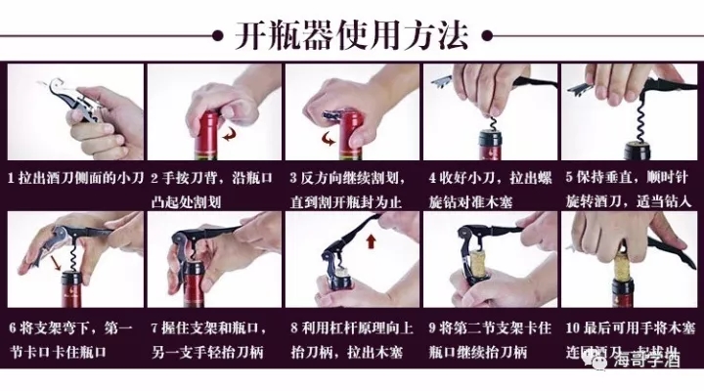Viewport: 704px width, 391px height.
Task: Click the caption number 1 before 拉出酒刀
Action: click(x=12, y=179)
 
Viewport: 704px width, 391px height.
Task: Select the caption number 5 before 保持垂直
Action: click(x=567, y=179)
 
